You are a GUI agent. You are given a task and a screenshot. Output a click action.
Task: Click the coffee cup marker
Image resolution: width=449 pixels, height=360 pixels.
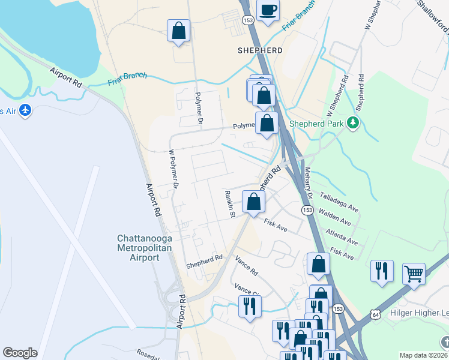pos(268,10)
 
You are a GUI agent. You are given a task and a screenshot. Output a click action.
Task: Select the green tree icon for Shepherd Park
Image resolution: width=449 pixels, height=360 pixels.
pos(353,123)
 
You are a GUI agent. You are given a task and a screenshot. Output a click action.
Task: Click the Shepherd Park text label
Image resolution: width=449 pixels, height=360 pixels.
pos(317,124)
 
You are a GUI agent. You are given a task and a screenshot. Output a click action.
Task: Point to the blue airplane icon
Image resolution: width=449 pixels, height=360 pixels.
pos(24,110)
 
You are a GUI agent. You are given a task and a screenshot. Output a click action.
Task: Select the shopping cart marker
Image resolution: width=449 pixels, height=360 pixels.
pos(414,274)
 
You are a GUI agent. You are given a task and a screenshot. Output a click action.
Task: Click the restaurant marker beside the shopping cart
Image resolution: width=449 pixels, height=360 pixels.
pos(382,271)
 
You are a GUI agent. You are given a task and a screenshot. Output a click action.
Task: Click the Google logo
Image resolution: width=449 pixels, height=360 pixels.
pos(20,353)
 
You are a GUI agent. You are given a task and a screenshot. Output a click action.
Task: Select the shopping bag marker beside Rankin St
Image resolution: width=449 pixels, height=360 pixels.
pos(253,202)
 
